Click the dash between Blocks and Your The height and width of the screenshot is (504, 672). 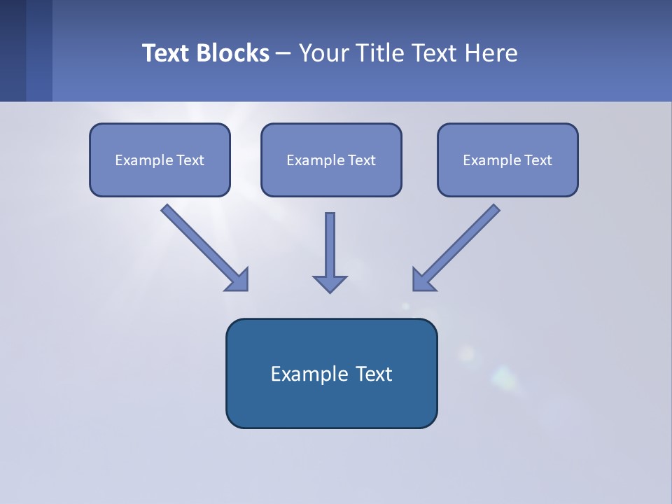coord(283,53)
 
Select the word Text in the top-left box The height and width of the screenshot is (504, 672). coord(190,160)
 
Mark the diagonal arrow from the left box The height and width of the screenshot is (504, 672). coord(203,246)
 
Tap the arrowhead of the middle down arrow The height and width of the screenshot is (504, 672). coord(330,283)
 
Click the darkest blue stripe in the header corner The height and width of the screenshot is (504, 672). coord(13,50)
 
